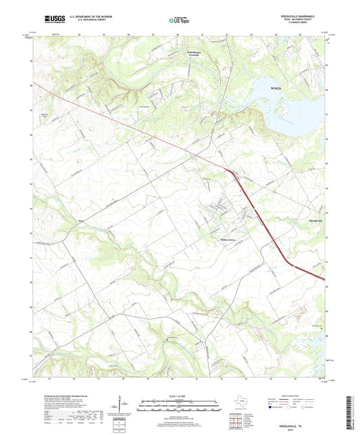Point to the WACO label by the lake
(x=276, y=88)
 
